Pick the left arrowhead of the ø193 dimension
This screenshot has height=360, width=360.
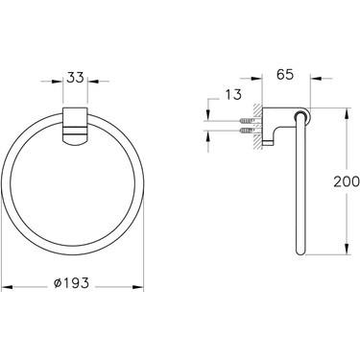(x=6, y=284)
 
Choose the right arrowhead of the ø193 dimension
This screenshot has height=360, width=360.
(x=150, y=284)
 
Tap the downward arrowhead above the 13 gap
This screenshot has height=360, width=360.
(x=209, y=114)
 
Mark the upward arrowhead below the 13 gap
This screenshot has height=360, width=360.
(x=209, y=133)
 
